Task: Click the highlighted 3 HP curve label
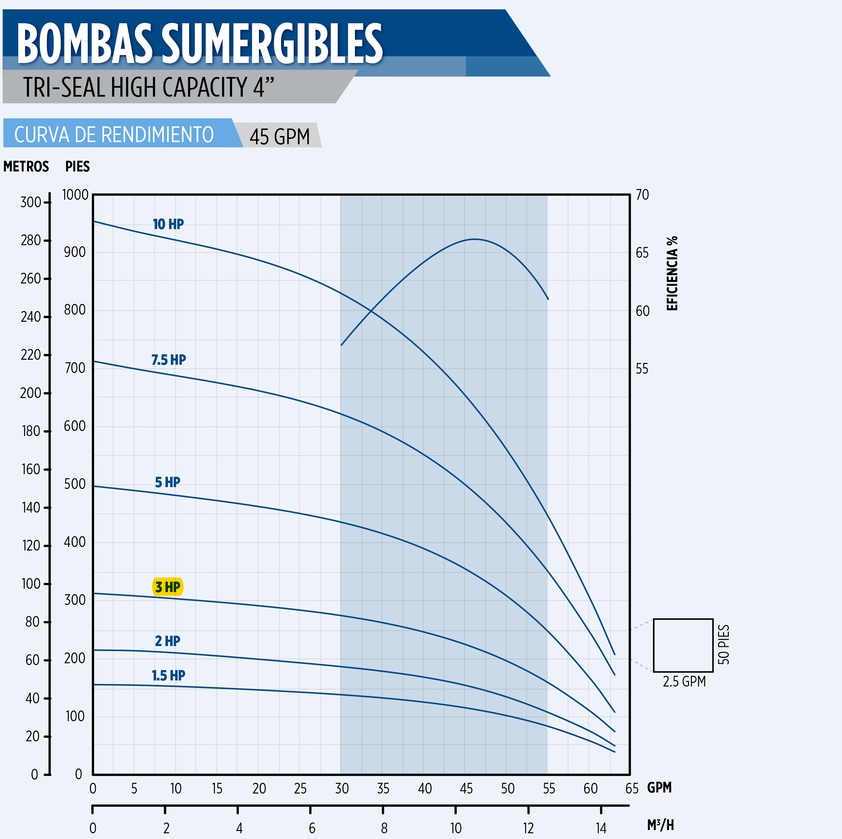click(168, 587)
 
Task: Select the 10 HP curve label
click(168, 224)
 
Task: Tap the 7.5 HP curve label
click(169, 360)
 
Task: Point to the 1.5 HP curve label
click(168, 675)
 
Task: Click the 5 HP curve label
click(168, 482)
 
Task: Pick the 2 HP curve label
click(168, 641)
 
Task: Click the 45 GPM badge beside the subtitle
click(279, 136)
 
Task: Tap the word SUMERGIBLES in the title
click(273, 44)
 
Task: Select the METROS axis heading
click(26, 166)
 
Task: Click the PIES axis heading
click(78, 166)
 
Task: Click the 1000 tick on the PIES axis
click(76, 195)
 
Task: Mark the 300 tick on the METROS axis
click(30, 202)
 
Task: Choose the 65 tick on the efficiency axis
click(642, 253)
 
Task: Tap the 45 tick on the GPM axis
click(466, 789)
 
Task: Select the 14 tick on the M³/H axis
click(601, 828)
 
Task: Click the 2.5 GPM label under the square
click(684, 681)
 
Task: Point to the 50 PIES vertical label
click(723, 645)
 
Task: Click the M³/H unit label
click(660, 825)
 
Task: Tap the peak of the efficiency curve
click(475, 239)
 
